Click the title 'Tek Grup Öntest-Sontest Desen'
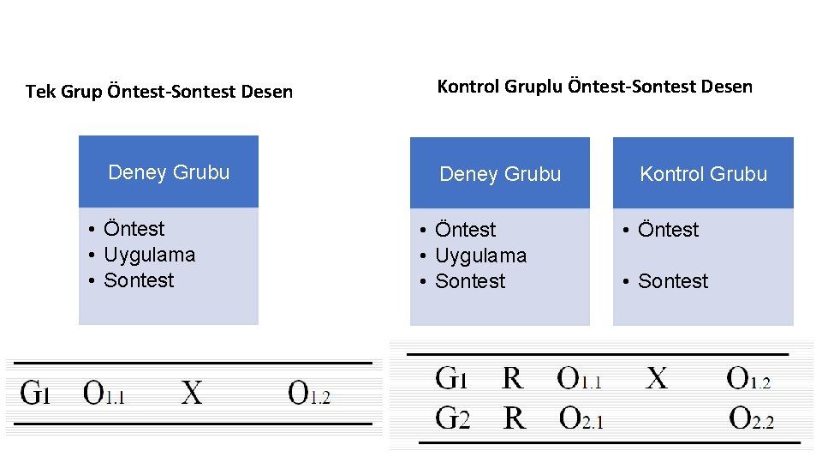(x=159, y=91)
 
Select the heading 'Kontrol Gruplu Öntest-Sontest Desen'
(x=594, y=87)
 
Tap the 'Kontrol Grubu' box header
(x=703, y=174)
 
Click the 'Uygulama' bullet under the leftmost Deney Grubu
(x=149, y=255)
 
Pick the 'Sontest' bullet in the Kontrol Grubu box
(x=673, y=281)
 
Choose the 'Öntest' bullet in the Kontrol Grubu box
(x=668, y=230)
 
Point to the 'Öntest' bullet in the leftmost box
(x=134, y=229)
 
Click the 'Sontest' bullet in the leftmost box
(x=138, y=280)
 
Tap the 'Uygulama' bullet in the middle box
(x=480, y=256)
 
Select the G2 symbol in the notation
(x=453, y=418)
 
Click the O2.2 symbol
(x=751, y=419)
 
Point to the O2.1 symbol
(x=581, y=418)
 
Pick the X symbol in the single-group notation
(x=193, y=394)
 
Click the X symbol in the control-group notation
(x=657, y=378)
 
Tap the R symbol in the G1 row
(x=512, y=378)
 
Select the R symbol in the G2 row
(x=514, y=418)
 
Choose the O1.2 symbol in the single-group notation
(x=309, y=394)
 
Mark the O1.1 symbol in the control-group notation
(x=580, y=378)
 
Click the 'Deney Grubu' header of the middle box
(x=500, y=174)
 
